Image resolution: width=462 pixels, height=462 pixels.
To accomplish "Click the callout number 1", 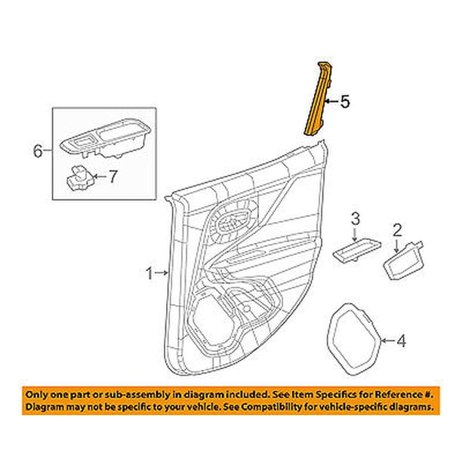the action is [x=150, y=273].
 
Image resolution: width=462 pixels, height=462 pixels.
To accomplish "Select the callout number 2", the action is [x=398, y=230].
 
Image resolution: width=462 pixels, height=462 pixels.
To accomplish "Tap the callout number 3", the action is [x=355, y=218].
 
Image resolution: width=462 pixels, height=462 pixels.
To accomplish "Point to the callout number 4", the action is [x=402, y=341].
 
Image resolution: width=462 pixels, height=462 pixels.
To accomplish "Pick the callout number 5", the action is [x=345, y=102].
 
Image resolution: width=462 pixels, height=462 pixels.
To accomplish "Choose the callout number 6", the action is [x=38, y=151].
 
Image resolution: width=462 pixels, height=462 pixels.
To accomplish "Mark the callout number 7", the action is [x=112, y=177].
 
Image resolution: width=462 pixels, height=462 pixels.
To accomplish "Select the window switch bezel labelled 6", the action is [x=106, y=138].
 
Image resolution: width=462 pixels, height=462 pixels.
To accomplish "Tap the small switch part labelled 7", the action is [x=79, y=177].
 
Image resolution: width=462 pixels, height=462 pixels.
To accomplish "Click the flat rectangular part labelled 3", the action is [x=357, y=249].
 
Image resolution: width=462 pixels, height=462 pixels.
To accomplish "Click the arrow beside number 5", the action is [x=331, y=102].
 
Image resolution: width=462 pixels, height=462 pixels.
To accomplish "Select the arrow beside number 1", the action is [x=162, y=273].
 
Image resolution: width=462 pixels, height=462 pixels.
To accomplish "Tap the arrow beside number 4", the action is [x=388, y=340].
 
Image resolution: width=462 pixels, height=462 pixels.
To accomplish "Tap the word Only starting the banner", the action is [x=35, y=395].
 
